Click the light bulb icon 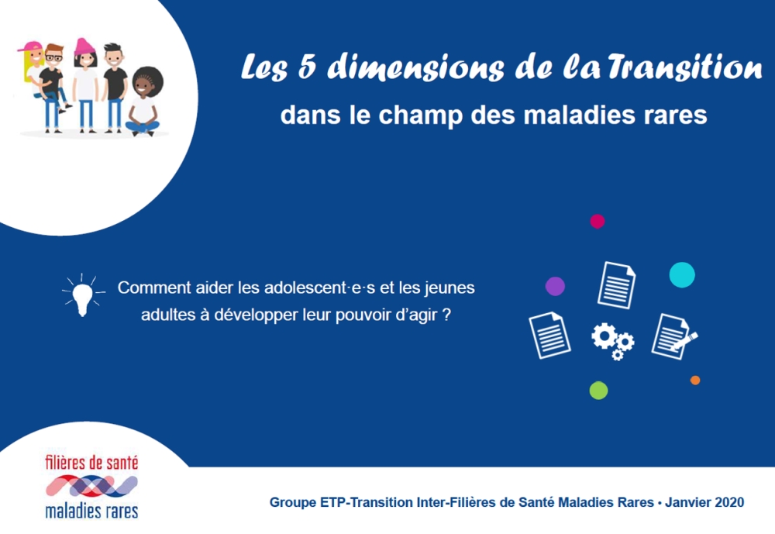[81, 295]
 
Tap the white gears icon [612, 340]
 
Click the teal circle [682, 274]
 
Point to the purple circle [555, 286]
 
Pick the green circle [598, 390]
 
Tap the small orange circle [695, 380]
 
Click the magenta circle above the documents [597, 221]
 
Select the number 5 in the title [312, 69]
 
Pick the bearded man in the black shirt [114, 81]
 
